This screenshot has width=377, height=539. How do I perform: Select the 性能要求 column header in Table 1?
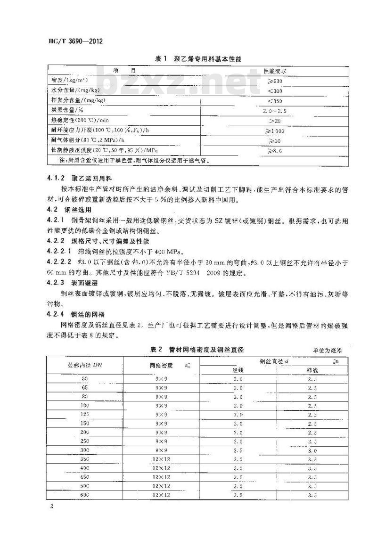(x=275, y=71)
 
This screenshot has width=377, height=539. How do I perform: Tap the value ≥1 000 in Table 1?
(x=275, y=130)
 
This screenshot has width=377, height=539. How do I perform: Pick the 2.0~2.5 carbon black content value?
(x=275, y=110)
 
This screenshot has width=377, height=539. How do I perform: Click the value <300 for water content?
(x=275, y=90)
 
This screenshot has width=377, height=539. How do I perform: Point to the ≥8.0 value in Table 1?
(x=275, y=150)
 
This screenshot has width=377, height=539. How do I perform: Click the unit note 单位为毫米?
(x=329, y=351)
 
